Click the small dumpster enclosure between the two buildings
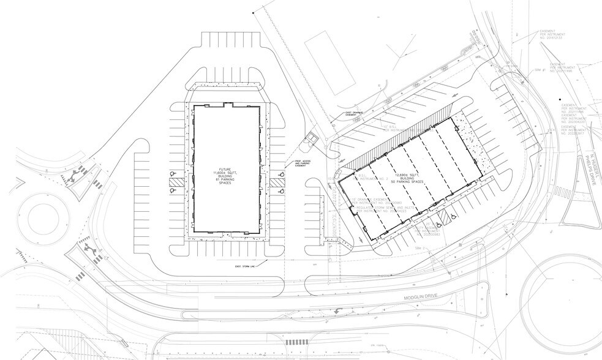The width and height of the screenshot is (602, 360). click(x=313, y=135)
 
